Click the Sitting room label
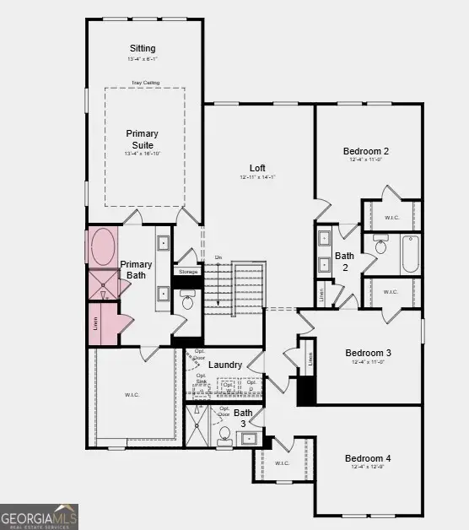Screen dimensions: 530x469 [x=143, y=48]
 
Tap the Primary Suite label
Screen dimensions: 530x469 [x=142, y=139]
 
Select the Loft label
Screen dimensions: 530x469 [x=257, y=167]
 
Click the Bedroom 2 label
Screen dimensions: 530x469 [x=365, y=151]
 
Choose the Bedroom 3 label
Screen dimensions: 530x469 [x=368, y=353]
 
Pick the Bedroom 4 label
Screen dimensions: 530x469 [x=368, y=459]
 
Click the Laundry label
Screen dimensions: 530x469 [x=225, y=365]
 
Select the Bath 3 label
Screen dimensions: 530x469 [x=243, y=419]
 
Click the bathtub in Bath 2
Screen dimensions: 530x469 [x=410, y=253]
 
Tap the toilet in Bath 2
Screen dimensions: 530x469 [x=380, y=246]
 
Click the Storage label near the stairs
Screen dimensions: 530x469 [x=187, y=272]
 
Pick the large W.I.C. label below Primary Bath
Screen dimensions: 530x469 [x=132, y=393]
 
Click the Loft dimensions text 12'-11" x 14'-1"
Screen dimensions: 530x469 [x=257, y=177]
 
